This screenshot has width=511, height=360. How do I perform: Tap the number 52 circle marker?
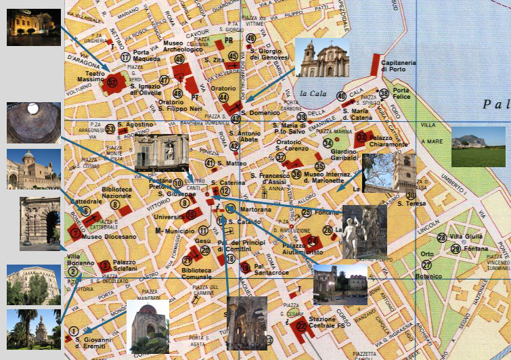click(112, 83)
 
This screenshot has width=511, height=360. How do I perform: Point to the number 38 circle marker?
click(384, 93)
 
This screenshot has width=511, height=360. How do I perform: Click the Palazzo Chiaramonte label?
click(388, 141)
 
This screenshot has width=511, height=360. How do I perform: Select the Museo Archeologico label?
click(182, 46)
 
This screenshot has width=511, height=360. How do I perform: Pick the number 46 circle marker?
click(251, 39)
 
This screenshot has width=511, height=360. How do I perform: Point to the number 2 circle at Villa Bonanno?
click(73, 272)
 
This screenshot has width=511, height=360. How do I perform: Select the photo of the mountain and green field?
click(478, 146)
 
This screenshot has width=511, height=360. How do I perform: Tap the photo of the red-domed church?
click(148, 328)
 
